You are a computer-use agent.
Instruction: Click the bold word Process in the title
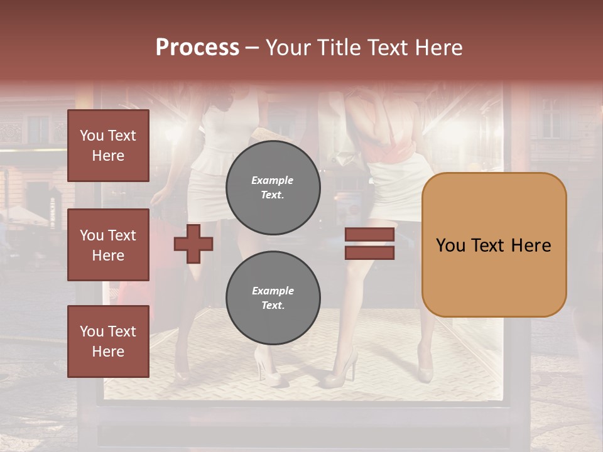pos(197,48)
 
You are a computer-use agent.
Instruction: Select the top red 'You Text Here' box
pos(108,146)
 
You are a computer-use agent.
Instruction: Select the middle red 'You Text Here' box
pos(108,245)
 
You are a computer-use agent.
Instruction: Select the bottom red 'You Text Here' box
pos(108,342)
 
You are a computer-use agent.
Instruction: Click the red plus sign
pos(193,244)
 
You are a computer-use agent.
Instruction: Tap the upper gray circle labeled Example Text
pos(273,188)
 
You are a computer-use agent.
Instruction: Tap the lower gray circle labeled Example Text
pos(273,298)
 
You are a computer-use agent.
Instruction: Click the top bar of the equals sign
pos(369,235)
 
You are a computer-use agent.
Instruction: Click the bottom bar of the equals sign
pos(369,253)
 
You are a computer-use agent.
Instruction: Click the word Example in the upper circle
pos(272,180)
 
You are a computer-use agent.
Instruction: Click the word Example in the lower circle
pos(273,291)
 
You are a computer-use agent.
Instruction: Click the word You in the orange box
pos(450,245)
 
